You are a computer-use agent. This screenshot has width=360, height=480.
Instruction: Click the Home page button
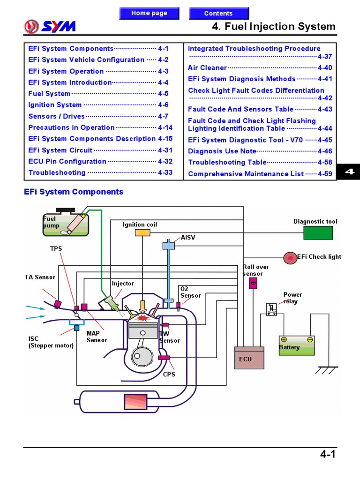(x=149, y=13)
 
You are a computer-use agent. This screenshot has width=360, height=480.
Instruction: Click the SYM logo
(x=49, y=26)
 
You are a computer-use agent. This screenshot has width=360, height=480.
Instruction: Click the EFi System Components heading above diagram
(x=74, y=192)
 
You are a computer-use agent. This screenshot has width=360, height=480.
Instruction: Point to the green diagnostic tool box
(x=318, y=233)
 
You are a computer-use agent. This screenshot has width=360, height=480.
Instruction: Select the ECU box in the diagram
(x=249, y=359)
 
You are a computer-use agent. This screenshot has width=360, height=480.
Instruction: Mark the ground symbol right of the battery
(x=324, y=370)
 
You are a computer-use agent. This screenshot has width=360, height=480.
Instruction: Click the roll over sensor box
(x=253, y=283)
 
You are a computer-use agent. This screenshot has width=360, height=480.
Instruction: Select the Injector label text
(x=122, y=284)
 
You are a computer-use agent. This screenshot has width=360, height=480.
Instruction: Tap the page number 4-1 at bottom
(x=328, y=454)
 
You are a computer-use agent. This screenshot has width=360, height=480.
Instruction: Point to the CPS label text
(x=169, y=375)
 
